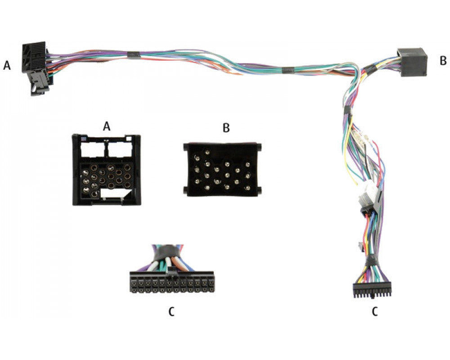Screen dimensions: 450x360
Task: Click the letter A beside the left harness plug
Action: (7, 65)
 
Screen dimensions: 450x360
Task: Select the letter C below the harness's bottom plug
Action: (374, 311)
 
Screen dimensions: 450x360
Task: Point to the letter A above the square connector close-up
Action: (107, 126)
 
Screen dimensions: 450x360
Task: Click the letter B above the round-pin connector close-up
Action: (226, 128)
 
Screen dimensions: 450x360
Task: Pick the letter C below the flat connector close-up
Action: (171, 311)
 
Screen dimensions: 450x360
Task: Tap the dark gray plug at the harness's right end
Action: (412, 62)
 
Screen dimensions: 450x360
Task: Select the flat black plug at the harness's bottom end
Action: (372, 290)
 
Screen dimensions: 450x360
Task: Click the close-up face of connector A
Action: (107, 170)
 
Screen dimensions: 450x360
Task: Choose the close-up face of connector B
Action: (222, 170)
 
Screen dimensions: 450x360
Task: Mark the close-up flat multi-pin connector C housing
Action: (172, 282)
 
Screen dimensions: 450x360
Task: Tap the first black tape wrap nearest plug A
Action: (133, 54)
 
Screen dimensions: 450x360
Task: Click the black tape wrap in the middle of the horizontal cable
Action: (288, 70)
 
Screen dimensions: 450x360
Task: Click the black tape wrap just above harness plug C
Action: (371, 260)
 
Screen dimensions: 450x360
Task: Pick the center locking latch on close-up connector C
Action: (171, 271)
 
